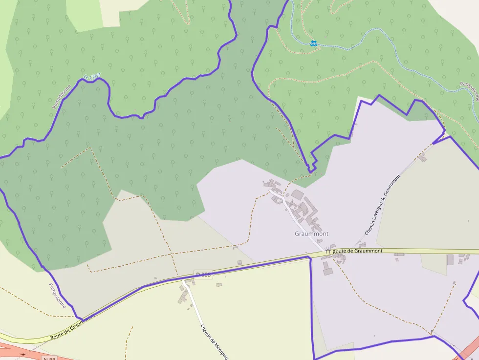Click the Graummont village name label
(x=311, y=234)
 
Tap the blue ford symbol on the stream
(x=313, y=43)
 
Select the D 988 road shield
(x=203, y=275)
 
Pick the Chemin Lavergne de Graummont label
(x=383, y=205)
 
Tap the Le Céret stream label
(x=91, y=77)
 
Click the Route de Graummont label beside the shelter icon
(x=357, y=251)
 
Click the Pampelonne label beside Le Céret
(x=62, y=96)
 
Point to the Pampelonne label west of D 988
(x=57, y=295)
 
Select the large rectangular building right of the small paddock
(x=450, y=260)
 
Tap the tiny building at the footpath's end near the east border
(x=454, y=282)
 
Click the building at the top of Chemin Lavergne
(x=422, y=157)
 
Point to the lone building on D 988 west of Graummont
(x=239, y=263)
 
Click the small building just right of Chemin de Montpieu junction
(x=219, y=285)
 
